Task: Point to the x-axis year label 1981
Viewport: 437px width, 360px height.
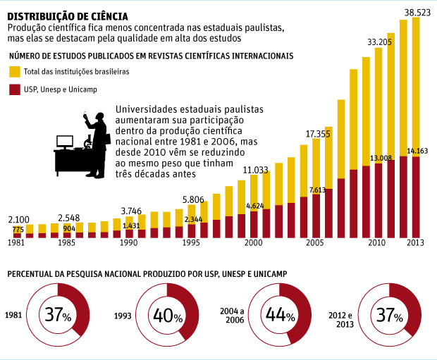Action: tap(18, 242)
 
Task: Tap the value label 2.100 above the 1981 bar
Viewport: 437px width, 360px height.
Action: tap(19, 219)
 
